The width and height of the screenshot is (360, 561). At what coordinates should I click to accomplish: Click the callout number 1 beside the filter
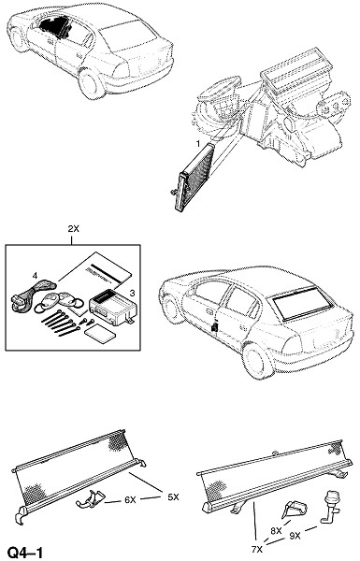(x=197, y=144)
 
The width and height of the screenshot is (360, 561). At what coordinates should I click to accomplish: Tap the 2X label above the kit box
(x=73, y=229)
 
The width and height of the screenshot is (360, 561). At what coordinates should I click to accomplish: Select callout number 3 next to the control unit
(x=132, y=294)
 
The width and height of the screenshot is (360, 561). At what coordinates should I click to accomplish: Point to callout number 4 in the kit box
(x=35, y=275)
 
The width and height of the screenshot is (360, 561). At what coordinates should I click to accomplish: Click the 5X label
(x=173, y=497)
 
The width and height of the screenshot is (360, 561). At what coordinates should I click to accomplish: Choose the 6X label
(x=130, y=500)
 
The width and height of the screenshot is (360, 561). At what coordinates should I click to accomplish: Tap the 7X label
(x=257, y=549)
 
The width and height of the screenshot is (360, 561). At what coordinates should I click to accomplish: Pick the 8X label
(x=276, y=531)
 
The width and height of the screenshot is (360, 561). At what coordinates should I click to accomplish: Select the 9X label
(x=295, y=536)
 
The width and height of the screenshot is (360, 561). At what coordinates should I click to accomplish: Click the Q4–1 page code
(x=25, y=553)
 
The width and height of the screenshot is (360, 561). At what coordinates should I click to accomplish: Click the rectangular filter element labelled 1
(x=194, y=176)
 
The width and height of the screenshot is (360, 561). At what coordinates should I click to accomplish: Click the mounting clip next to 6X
(x=90, y=498)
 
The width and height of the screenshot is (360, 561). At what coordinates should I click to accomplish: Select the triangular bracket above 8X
(x=295, y=508)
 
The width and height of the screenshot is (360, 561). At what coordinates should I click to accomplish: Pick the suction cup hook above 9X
(x=330, y=508)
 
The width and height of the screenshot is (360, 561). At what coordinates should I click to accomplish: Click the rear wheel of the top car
(x=92, y=84)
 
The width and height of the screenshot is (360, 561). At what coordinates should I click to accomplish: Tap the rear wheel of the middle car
(x=257, y=361)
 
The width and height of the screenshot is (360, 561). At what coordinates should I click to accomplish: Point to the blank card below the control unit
(x=100, y=336)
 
